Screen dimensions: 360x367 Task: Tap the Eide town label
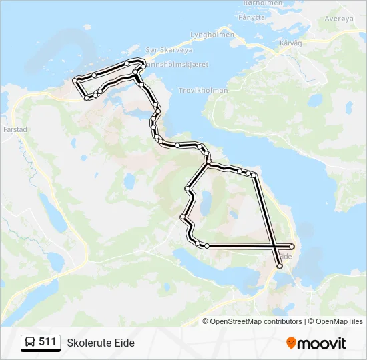click(x=285, y=256)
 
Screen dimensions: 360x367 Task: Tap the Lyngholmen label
click(x=212, y=35)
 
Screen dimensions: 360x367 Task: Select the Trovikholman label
click(x=204, y=90)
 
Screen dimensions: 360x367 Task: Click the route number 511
click(x=47, y=342)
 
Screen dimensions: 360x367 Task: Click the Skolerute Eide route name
click(x=101, y=343)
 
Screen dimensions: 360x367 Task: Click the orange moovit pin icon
click(x=292, y=343)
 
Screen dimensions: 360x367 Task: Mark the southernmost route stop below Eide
click(x=280, y=267)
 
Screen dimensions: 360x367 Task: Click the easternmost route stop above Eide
click(x=292, y=247)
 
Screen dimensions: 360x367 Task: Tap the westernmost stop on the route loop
click(x=74, y=81)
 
